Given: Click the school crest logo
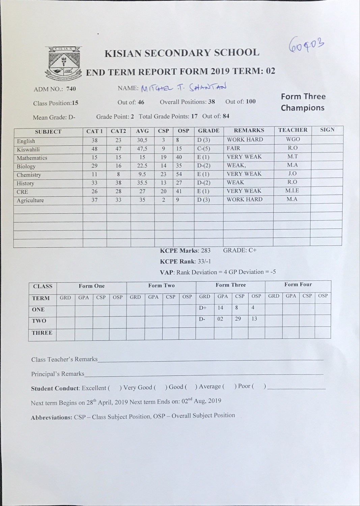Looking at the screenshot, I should (x=63, y=63).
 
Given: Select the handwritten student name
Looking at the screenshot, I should (x=184, y=87).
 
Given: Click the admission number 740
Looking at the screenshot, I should (x=71, y=89).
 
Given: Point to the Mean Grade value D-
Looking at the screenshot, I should (x=72, y=117).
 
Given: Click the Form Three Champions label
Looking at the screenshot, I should (x=303, y=102).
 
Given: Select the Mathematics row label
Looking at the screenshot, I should (x=32, y=158).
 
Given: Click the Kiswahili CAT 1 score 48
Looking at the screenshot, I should (x=94, y=149).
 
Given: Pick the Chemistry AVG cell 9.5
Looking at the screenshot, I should (x=142, y=174).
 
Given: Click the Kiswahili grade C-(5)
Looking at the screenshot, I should (x=204, y=148).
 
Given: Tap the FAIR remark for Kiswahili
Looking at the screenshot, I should (x=233, y=148).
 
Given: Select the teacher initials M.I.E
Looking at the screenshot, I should (x=292, y=191).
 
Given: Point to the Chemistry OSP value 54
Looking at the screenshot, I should (x=179, y=174).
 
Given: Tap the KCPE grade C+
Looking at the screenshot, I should (x=252, y=250).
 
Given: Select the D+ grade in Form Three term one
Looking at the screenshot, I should (x=203, y=308).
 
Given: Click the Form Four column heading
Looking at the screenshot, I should (x=298, y=284).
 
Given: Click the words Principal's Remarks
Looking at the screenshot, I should (x=58, y=374).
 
